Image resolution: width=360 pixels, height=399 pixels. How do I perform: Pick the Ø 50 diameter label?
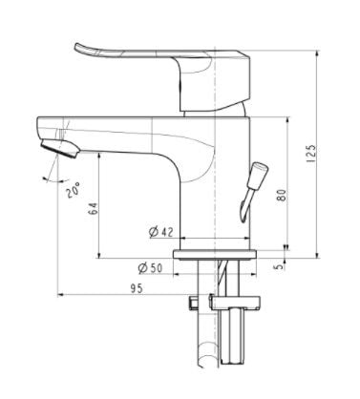(160, 267)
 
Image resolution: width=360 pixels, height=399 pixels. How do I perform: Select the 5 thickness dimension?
(279, 267)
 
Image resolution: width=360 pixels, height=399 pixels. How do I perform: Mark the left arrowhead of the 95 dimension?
(62, 295)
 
